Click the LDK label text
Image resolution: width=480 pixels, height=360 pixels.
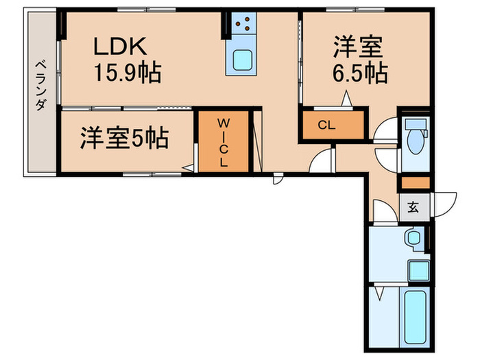click(121, 47)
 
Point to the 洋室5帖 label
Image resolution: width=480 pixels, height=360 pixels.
click(123, 139)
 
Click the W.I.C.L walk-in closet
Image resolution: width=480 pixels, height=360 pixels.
click(224, 142)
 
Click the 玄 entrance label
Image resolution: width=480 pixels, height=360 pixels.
click(414, 206)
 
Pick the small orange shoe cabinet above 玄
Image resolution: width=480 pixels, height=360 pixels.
click(415, 183)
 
